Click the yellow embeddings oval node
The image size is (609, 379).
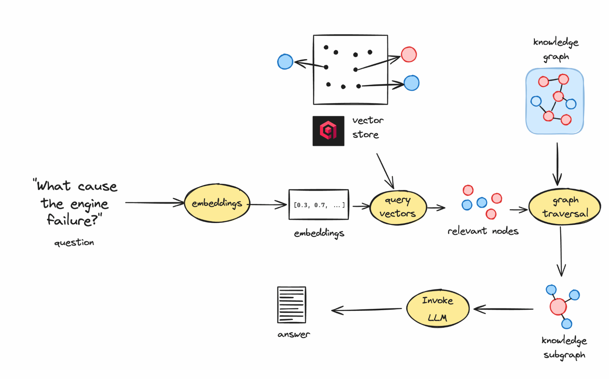(217, 203)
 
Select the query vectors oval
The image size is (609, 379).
(398, 207)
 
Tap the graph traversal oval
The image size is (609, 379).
(565, 207)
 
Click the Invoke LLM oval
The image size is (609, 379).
(437, 309)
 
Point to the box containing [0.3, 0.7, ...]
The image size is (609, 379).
(319, 205)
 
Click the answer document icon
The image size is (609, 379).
(292, 305)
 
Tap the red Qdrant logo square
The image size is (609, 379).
(328, 131)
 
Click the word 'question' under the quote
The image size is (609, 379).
(74, 243)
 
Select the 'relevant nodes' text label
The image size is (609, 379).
(483, 231)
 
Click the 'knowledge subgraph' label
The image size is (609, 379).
(564, 347)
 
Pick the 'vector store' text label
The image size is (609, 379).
(367, 127)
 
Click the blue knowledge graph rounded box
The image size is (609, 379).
(554, 101)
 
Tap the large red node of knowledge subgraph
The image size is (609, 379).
(558, 306)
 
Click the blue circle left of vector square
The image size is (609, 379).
(285, 62)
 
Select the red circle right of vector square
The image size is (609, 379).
(409, 55)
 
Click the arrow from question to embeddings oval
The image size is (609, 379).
(154, 203)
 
